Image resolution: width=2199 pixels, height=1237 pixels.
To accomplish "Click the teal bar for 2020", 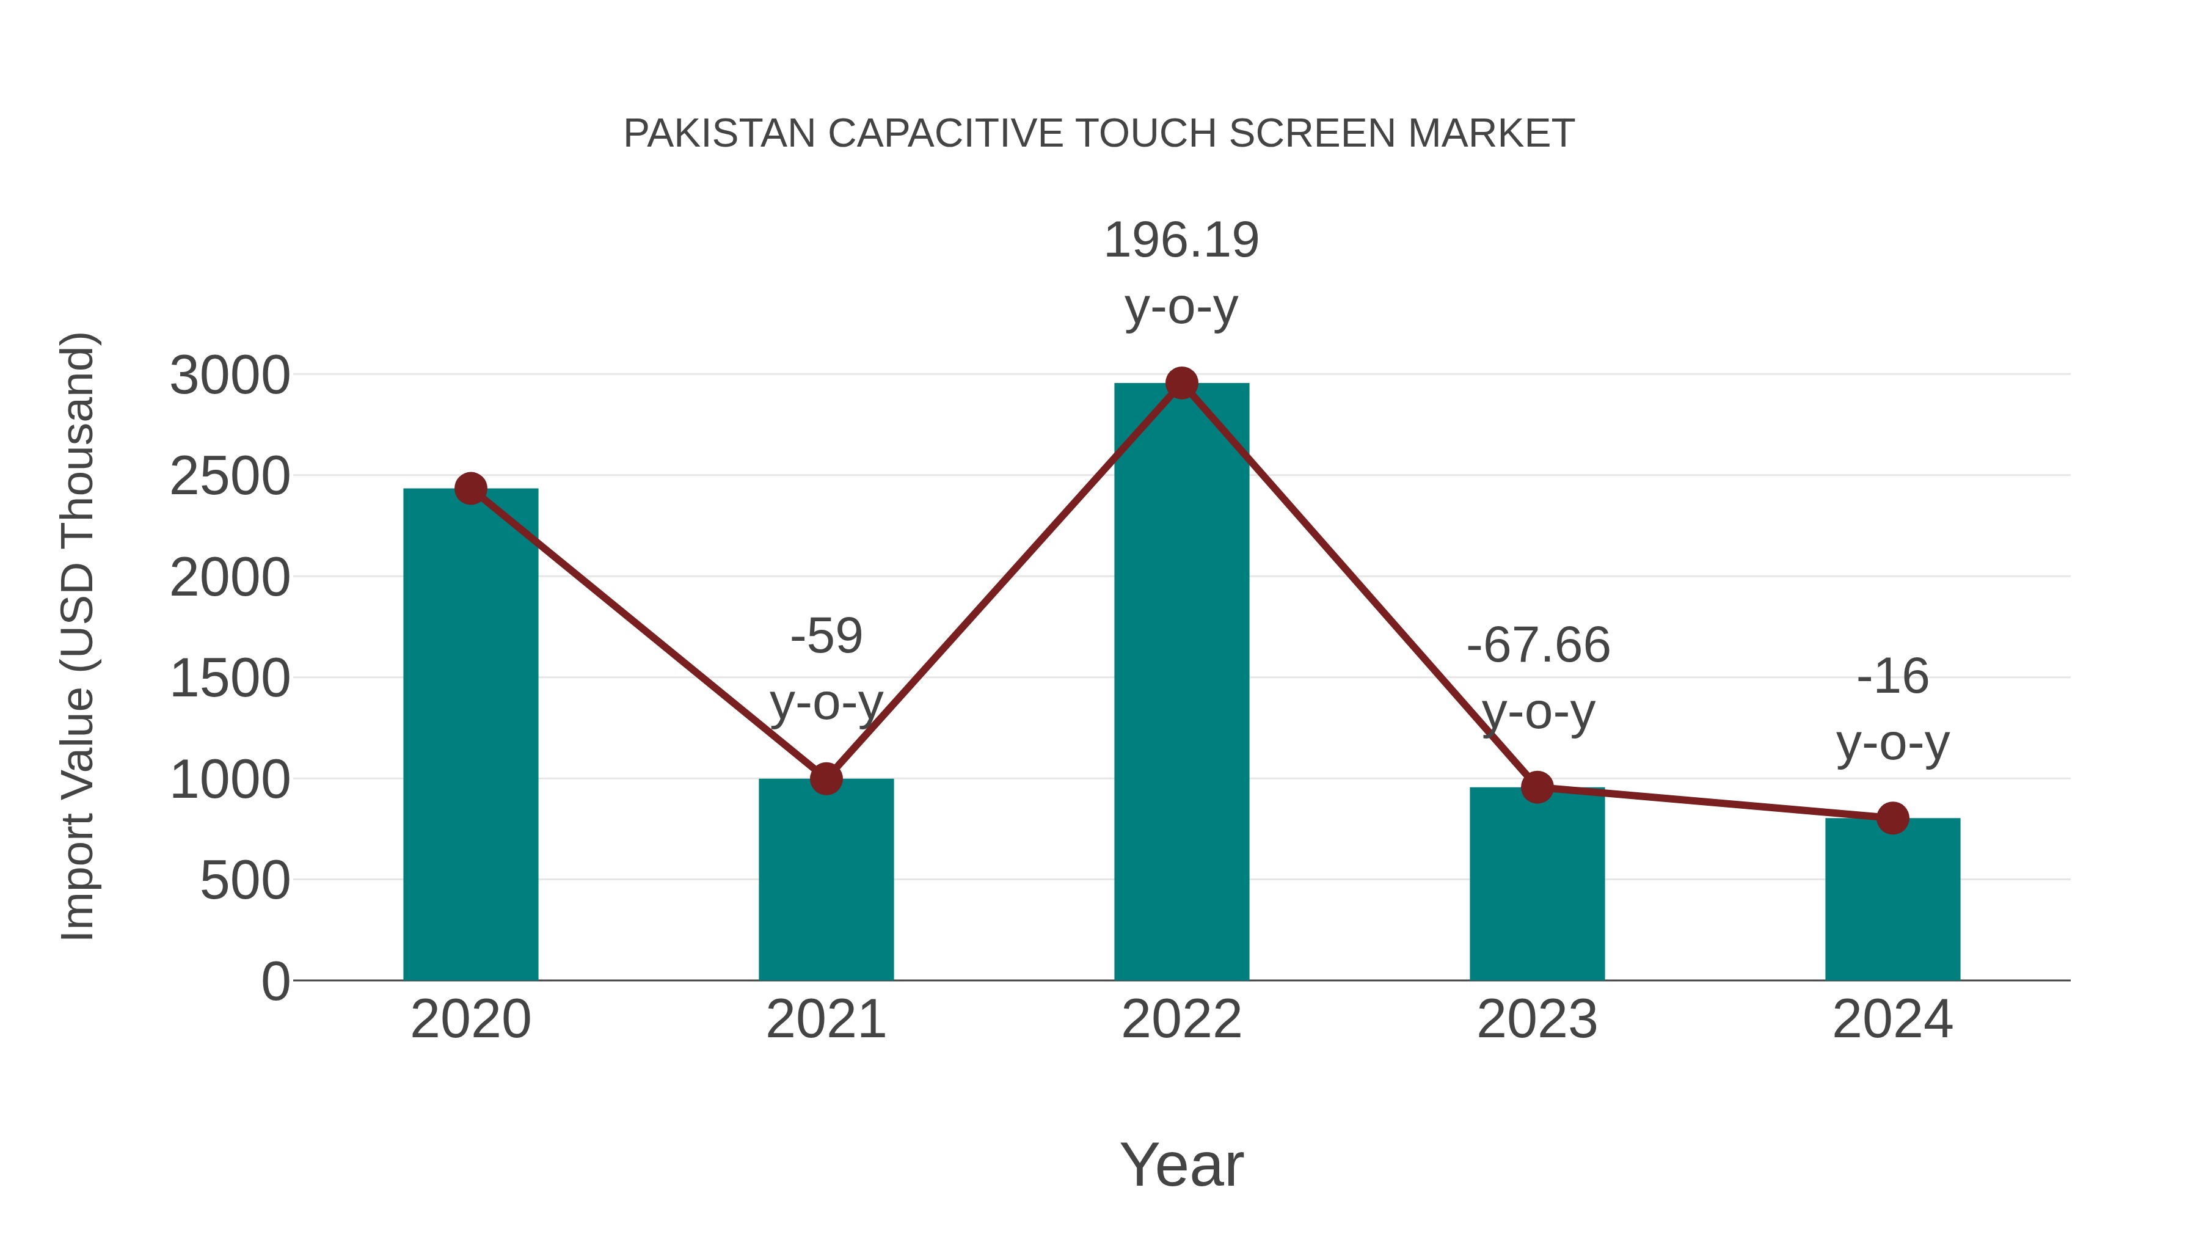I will pos(470,734).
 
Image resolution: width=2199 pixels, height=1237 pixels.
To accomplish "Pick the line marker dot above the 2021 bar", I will pos(825,778).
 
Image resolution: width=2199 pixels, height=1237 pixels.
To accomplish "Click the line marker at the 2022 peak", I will pos(1181,383).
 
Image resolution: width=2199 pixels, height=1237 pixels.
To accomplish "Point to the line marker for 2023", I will pos(1537,787).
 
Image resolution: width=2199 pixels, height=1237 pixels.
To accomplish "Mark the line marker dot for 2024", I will pos(1892,818).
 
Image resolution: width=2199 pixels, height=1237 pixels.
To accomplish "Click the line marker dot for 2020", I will pos(470,488).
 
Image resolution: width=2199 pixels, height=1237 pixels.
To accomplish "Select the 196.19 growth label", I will pos(1181,240).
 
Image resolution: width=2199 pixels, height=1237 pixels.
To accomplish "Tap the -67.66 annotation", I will pos(1537,644).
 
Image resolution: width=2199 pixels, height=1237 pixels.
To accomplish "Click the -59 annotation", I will pos(825,636).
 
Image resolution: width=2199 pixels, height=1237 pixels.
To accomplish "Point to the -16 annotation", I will pos(1892,677).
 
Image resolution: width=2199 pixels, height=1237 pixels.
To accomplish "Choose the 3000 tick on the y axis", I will pos(230,376).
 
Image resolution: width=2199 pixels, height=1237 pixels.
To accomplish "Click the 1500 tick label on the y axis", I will pos(230,679).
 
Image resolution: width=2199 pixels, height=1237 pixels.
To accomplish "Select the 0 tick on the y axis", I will pos(275,981).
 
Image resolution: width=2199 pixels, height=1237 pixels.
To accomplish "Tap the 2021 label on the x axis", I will pos(825,1020).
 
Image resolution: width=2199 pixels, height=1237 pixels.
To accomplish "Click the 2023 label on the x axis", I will pos(1537,1020).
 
